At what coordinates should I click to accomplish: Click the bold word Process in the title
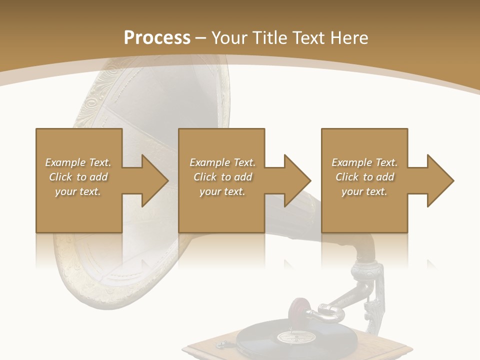(x=157, y=38)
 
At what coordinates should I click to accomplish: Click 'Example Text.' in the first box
(x=78, y=162)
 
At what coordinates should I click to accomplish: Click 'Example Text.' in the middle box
(x=222, y=162)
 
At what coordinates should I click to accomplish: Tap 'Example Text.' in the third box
(x=364, y=162)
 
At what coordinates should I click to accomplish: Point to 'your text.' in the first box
(x=78, y=191)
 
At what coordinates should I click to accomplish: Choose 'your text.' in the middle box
(x=222, y=191)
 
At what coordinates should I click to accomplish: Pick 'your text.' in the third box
(x=364, y=191)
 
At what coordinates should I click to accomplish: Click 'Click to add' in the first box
(x=78, y=177)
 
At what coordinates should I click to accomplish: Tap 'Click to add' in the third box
(x=364, y=177)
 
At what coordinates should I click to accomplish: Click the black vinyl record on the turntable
(x=260, y=340)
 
